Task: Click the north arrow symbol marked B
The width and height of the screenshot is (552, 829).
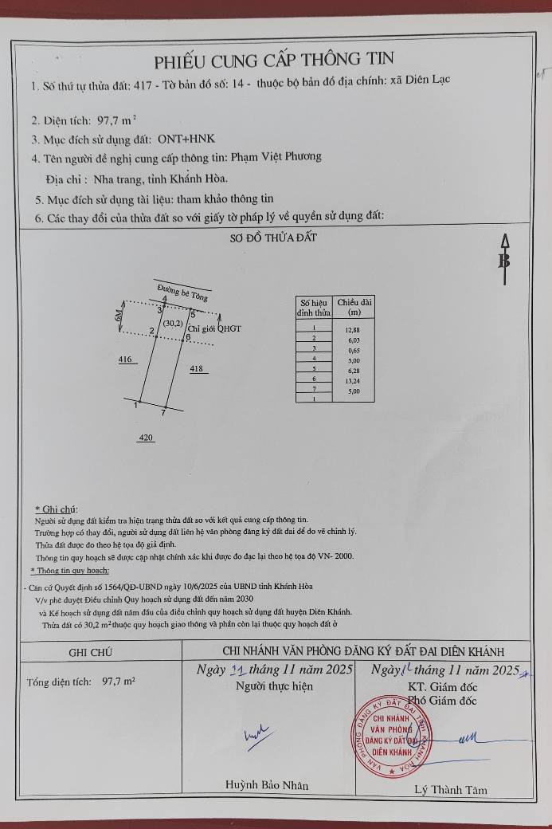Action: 503,260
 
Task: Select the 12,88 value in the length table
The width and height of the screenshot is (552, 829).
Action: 352,328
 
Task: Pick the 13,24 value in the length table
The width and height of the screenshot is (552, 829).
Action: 352,380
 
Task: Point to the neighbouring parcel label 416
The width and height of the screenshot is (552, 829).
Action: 125,360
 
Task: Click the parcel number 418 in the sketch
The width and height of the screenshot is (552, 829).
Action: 198,369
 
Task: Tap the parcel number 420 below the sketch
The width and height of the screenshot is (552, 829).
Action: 146,438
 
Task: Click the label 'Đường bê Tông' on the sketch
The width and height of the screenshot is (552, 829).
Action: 182,293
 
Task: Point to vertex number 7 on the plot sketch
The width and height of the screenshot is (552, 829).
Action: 163,414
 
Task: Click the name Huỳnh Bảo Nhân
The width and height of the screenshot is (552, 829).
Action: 267,785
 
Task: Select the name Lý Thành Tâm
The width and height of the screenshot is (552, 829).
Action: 450,790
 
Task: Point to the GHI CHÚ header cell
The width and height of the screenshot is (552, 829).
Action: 90,651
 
